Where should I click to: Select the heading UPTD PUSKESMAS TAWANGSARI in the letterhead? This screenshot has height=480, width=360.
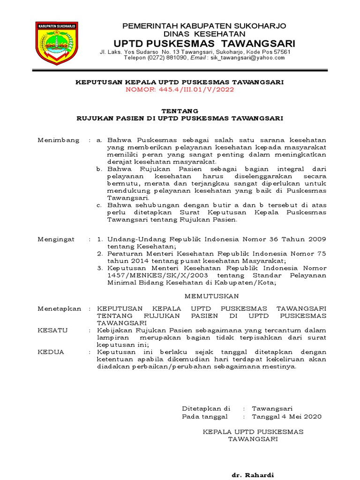pyautogui.click(x=203, y=43)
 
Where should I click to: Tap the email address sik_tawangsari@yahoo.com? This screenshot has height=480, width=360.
pyautogui.click(x=247, y=58)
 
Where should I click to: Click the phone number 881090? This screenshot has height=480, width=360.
pyautogui.click(x=174, y=58)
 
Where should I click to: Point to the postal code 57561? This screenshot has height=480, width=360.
pyautogui.click(x=281, y=52)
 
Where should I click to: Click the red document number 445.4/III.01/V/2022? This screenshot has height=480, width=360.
pyautogui.click(x=180, y=89)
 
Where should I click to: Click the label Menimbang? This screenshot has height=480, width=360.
pyautogui.click(x=59, y=141)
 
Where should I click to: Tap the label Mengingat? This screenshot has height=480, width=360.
pyautogui.click(x=56, y=239)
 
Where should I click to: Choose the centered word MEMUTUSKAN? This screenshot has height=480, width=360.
pyautogui.click(x=212, y=296)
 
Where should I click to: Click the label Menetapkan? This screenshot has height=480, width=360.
pyautogui.click(x=59, y=308)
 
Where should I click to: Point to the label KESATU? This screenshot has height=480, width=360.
pyautogui.click(x=52, y=330)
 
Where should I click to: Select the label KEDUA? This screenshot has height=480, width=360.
pyautogui.click(x=51, y=352)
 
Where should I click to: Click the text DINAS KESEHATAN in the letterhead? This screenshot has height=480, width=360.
pyautogui.click(x=204, y=34)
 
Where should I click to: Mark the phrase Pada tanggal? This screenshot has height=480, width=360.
pyautogui.click(x=205, y=416)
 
